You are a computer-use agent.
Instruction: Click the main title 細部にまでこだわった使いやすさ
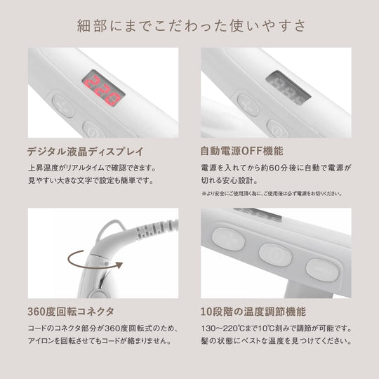tap(192, 26)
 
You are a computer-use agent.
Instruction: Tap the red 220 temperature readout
tap(103, 91)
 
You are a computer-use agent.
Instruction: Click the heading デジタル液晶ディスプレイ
tap(86, 152)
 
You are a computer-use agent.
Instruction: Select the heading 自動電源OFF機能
tap(241, 151)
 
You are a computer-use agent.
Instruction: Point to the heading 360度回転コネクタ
tap(71, 312)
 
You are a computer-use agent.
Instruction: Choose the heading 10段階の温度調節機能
tap(253, 312)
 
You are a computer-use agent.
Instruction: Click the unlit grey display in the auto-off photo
tap(288, 88)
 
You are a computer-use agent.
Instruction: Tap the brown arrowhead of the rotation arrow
tap(119, 265)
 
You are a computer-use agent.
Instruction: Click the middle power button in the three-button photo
tap(275, 255)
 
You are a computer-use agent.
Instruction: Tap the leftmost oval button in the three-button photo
tap(228, 239)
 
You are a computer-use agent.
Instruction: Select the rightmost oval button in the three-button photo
tap(323, 270)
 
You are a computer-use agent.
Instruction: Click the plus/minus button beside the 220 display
tap(63, 107)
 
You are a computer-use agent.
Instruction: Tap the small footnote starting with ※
tap(272, 194)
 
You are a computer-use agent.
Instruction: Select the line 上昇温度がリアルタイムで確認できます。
tap(92, 168)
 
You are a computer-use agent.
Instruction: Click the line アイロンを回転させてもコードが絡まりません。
tap(100, 341)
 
